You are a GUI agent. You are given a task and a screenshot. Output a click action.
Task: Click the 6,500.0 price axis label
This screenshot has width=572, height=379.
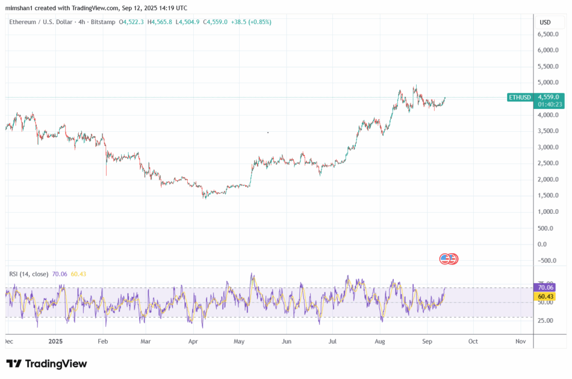(x=547, y=35)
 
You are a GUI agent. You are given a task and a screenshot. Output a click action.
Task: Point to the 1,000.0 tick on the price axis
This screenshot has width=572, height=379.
(x=547, y=212)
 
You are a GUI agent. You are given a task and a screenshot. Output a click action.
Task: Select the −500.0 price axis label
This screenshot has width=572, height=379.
(x=547, y=261)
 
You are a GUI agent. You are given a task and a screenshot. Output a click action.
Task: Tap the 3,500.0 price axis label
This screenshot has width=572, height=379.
(x=547, y=131)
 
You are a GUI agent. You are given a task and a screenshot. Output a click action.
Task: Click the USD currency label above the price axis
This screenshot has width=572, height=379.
(x=545, y=22)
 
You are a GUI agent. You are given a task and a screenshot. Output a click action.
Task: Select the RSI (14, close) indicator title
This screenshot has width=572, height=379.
(x=28, y=274)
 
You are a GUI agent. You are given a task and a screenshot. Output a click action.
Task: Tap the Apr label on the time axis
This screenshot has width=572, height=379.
(x=193, y=340)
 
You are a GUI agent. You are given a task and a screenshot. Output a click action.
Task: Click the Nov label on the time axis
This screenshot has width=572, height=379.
(x=520, y=340)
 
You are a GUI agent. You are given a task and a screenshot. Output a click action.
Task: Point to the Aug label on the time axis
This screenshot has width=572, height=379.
(x=380, y=340)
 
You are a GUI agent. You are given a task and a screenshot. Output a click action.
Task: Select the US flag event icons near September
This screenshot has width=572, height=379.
(x=449, y=258)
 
